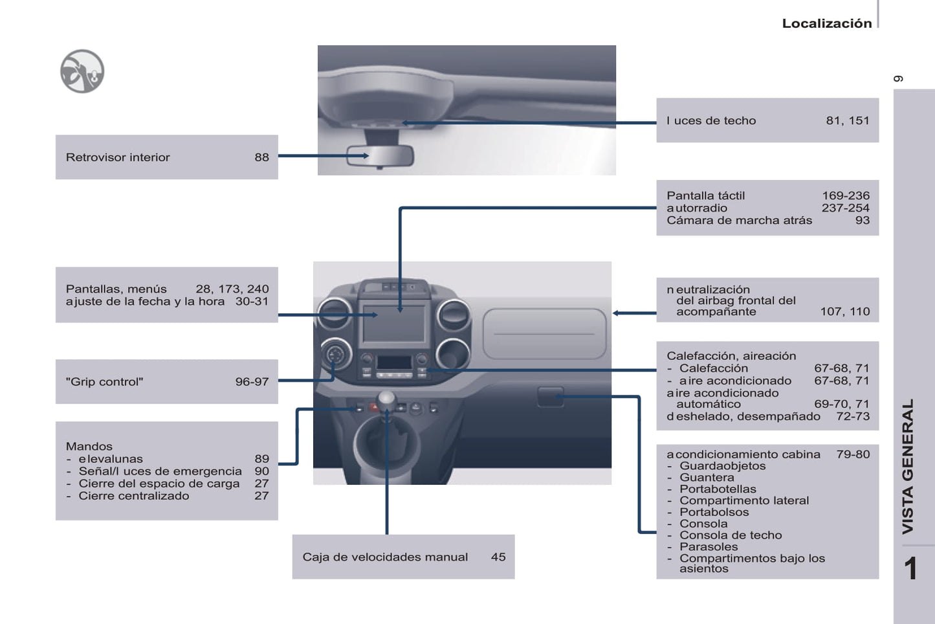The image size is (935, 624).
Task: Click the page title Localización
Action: pos(826,23)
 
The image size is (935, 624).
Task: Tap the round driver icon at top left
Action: pos(82,71)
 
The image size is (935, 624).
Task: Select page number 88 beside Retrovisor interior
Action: pos(261,157)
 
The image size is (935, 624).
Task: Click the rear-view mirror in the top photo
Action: pos(380,156)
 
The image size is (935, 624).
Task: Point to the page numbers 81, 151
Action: pos(847,120)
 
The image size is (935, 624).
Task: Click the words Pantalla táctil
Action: pos(705,195)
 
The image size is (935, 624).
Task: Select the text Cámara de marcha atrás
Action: pos(739,220)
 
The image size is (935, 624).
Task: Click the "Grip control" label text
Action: pos(104,382)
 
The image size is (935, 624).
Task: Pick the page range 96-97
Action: pos(252,382)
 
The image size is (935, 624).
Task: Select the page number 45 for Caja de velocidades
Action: pos(498,557)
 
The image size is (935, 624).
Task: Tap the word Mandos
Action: pos(89,447)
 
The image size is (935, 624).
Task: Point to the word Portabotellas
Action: pos(717,489)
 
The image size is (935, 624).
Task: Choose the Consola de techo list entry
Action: pos(730,535)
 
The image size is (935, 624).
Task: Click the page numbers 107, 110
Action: pos(844,311)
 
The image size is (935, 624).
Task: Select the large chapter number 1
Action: pos(910,569)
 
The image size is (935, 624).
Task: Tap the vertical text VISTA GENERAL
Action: pos(908,466)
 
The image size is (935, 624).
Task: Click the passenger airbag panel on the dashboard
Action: pos(544,333)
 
